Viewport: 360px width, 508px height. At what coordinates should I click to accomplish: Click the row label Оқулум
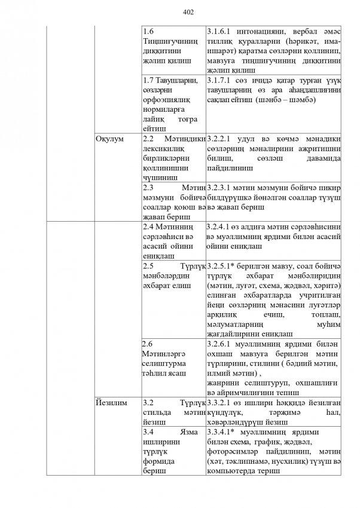click(x=110, y=139)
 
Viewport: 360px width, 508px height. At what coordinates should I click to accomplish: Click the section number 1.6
click(x=150, y=31)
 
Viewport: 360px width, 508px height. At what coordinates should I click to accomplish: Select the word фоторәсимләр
click(x=230, y=451)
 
